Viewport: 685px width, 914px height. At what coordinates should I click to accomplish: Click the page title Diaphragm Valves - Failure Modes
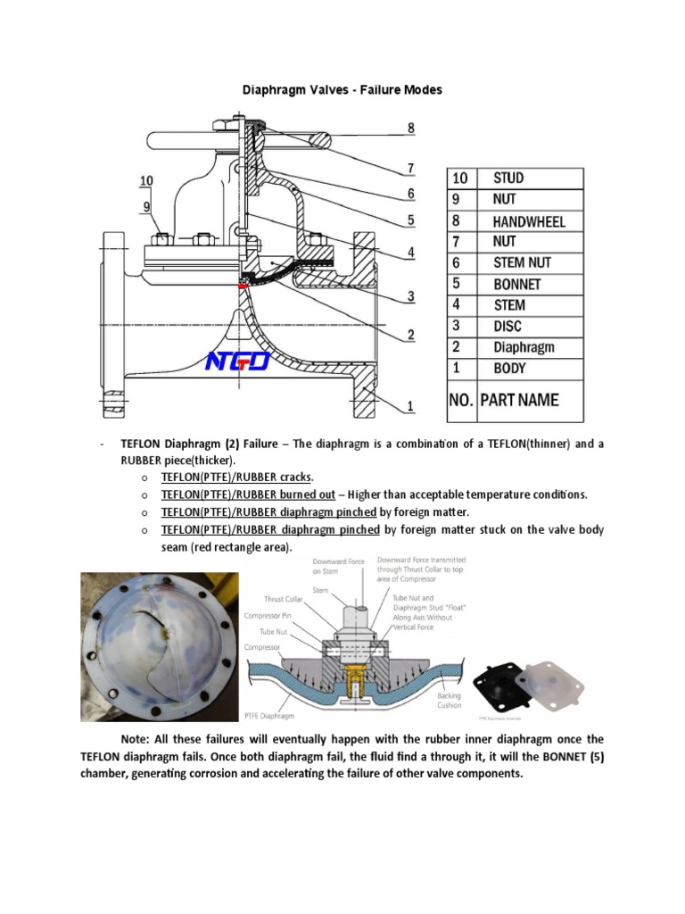pos(342,90)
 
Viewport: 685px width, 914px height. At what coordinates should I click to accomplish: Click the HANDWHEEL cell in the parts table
pos(529,220)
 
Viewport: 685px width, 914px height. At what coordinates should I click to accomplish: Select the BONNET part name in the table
pos(516,284)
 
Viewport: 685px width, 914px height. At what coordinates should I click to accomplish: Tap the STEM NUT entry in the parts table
pos(522,262)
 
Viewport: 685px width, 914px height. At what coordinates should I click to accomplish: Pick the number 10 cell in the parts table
pos(460,179)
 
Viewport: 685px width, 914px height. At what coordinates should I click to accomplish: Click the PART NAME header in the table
pos(519,400)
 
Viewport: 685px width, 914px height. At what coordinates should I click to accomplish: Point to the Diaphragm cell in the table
pos(524,347)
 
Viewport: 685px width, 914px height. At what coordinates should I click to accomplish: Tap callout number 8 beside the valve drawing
pos(411,128)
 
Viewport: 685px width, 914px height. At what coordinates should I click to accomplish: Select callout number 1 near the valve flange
pos(411,407)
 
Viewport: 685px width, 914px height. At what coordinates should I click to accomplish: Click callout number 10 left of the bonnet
pos(145,181)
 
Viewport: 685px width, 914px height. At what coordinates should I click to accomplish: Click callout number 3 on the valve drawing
pos(411,295)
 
